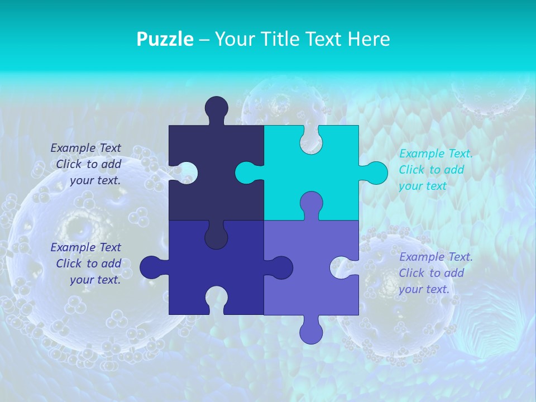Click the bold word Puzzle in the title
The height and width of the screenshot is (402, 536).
point(165,39)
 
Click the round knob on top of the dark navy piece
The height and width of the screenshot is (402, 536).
point(216,108)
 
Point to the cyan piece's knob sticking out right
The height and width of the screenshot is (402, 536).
point(375,173)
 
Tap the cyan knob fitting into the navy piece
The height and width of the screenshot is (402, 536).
point(247,173)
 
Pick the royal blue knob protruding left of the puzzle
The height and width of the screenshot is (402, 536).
point(152,267)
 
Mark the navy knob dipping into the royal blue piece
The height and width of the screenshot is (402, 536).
point(216,237)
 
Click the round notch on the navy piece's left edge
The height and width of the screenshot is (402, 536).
point(185,173)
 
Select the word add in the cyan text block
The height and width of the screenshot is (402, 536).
point(454,170)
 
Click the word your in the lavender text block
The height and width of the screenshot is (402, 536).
point(411,289)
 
